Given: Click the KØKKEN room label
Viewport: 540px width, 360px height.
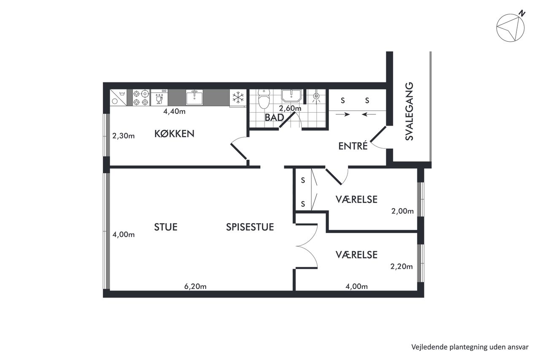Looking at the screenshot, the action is pos(174,134).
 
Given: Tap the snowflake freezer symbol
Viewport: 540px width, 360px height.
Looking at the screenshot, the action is pos(238,97).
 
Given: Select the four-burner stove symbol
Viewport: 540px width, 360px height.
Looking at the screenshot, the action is pos(141,97).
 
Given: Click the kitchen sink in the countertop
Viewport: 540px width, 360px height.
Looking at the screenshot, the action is pos(194,97).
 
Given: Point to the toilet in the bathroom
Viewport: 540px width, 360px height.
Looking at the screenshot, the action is pos(264,99).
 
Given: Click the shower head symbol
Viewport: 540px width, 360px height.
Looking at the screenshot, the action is pos(316,97).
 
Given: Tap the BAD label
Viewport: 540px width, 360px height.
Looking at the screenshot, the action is pos(274,118).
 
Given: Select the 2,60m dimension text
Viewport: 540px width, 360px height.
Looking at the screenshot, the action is pos(290,108).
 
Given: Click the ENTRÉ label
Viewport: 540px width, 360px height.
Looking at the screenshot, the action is pos(353,146).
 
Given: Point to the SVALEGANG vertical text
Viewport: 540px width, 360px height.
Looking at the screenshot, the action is pos(409,111).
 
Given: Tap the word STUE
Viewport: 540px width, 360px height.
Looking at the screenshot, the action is pos(166,227).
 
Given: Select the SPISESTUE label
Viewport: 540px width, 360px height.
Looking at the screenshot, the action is pos(250,227).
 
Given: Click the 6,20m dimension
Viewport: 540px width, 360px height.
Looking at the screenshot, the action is pos(195,287).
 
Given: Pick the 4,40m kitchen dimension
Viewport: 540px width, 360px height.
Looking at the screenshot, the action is pos(174,111).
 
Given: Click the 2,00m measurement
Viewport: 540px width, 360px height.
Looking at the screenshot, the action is pos(402,211).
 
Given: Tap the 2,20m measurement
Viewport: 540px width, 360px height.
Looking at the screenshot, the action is pos(401,266).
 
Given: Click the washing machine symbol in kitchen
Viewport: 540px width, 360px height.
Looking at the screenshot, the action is pos(118,97).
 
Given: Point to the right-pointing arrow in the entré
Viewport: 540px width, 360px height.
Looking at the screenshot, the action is pos(343,114).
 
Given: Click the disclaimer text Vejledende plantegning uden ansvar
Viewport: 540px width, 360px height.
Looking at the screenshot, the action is pos(470,347).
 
